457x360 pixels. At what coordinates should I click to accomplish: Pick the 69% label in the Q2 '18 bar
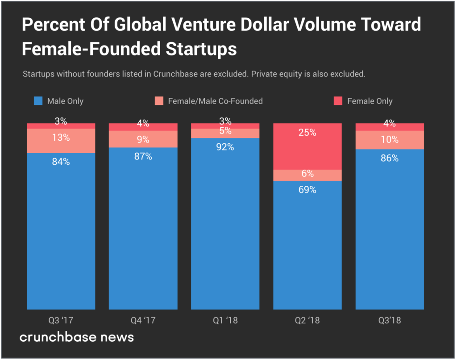click(x=307, y=189)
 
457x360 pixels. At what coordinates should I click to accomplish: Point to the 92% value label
click(x=225, y=147)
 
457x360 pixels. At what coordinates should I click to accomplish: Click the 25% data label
click(x=307, y=133)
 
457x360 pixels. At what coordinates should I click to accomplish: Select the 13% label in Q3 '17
click(x=61, y=138)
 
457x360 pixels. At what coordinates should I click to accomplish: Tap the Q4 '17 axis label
click(x=143, y=320)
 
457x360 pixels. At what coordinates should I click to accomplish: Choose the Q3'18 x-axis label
click(x=390, y=320)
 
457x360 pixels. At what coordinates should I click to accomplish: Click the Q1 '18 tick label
click(x=225, y=320)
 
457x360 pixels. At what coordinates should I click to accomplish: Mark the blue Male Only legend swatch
click(x=38, y=101)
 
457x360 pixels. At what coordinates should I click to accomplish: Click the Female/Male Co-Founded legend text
click(x=215, y=101)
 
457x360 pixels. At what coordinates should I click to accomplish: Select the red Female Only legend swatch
click(x=338, y=101)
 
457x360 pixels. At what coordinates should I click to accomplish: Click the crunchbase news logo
click(x=76, y=337)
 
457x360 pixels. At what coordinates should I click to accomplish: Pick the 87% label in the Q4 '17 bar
click(x=143, y=156)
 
